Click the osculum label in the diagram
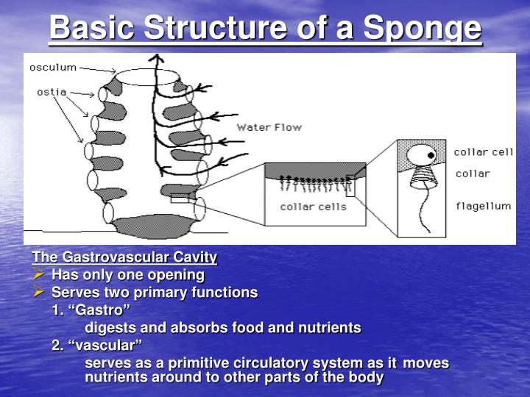[53, 68]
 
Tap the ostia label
[52, 93]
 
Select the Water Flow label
[269, 127]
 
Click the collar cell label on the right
[483, 152]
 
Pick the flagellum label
[482, 206]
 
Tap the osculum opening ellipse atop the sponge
[147, 76]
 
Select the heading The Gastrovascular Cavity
[124, 257]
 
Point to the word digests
[108, 328]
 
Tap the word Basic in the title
[92, 29]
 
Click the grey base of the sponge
[155, 226]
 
